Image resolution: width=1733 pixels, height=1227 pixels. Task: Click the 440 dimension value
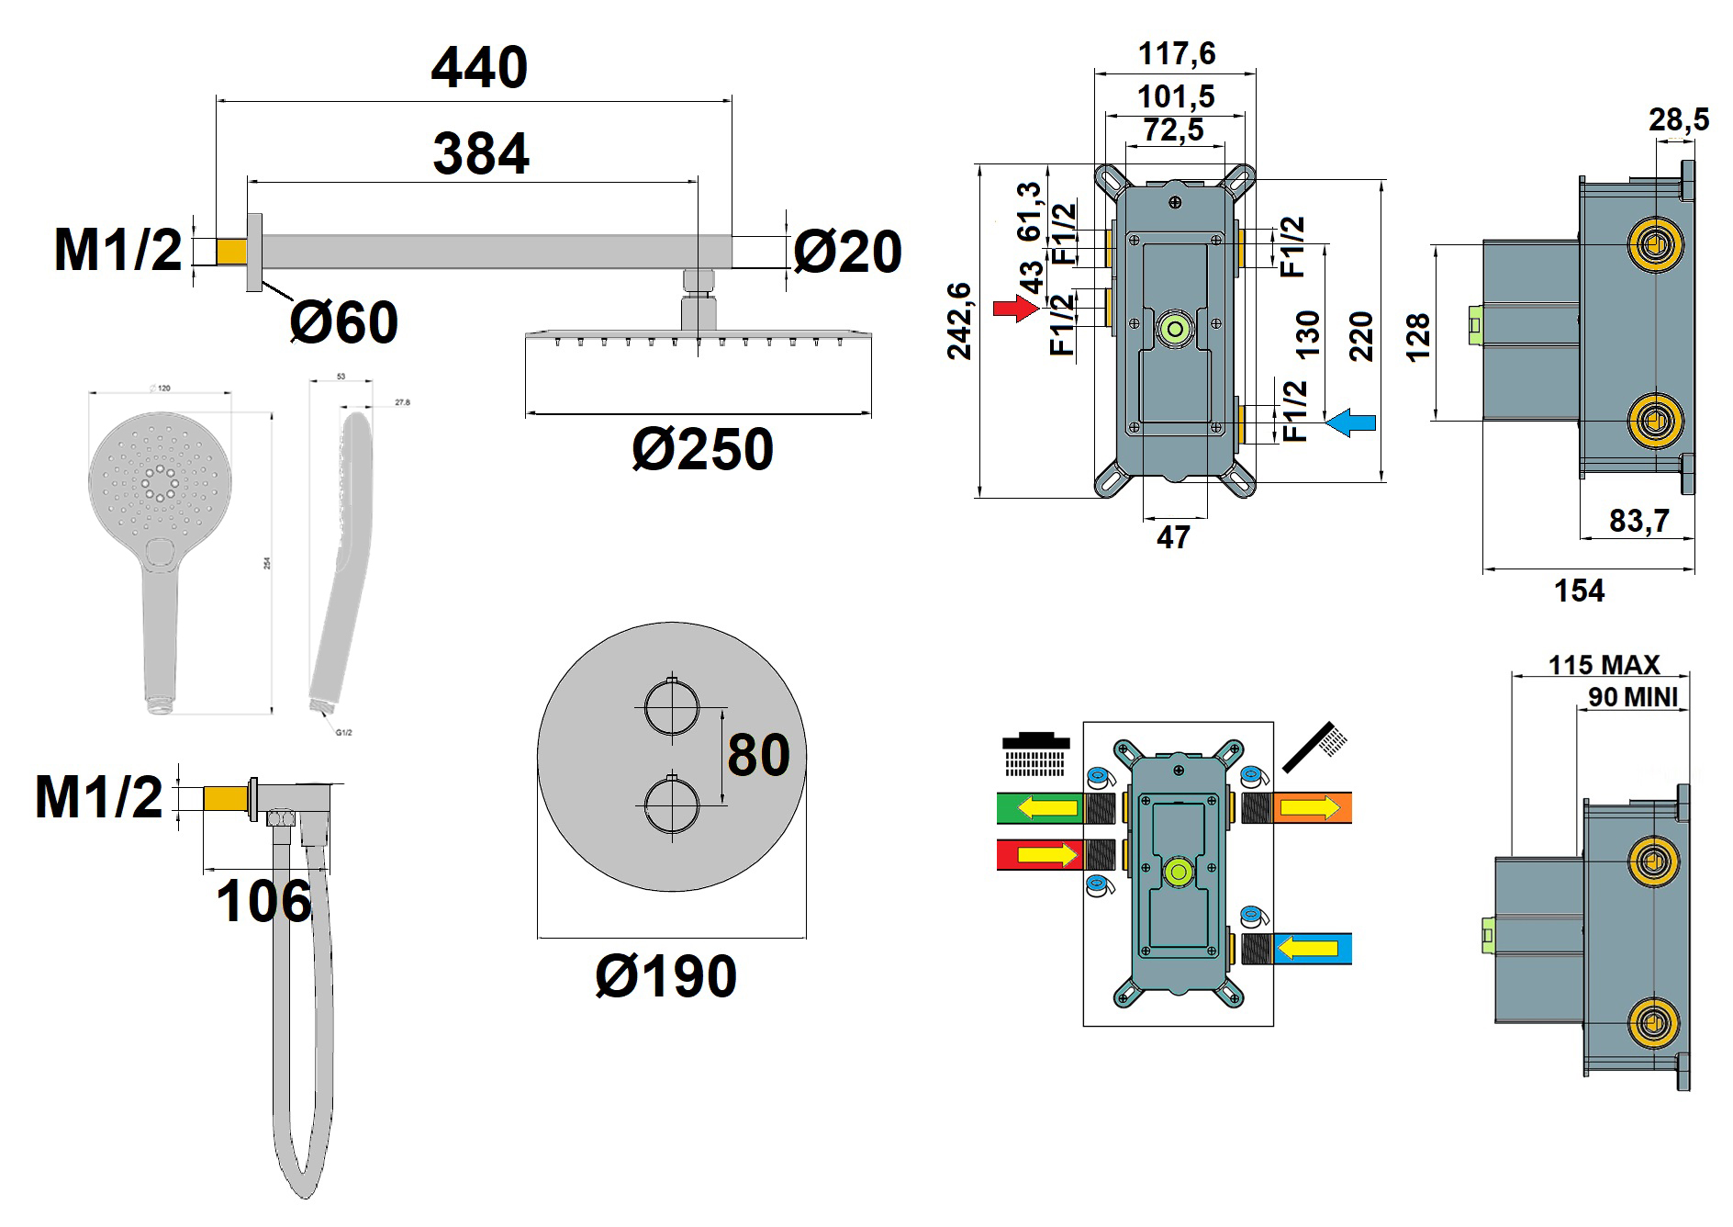pyautogui.click(x=479, y=68)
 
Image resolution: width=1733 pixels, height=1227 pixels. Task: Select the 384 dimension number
pyautogui.click(x=481, y=154)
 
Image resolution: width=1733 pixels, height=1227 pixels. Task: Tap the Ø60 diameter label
pyautogui.click(x=344, y=322)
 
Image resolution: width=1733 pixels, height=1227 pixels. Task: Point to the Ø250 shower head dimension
pyautogui.click(x=702, y=449)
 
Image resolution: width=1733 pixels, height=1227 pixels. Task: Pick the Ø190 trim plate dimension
pyautogui.click(x=665, y=975)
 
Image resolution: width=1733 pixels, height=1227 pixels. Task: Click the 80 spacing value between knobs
pyautogui.click(x=758, y=755)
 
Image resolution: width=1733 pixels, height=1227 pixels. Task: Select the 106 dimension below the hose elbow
pyautogui.click(x=263, y=901)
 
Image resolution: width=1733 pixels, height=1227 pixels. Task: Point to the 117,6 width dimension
pyautogui.click(x=1177, y=54)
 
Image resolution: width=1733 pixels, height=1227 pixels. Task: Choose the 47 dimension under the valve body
pyautogui.click(x=1173, y=537)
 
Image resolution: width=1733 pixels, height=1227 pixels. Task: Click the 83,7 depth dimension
pyautogui.click(x=1638, y=521)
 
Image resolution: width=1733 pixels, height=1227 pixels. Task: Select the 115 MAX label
pyautogui.click(x=1604, y=664)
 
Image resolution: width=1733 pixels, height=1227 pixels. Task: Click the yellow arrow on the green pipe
pyautogui.click(x=1050, y=809)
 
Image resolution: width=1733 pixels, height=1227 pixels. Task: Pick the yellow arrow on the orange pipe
pyautogui.click(x=1310, y=808)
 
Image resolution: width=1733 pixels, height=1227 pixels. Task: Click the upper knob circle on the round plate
pyautogui.click(x=672, y=708)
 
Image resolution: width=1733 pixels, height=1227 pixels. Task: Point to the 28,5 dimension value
pyautogui.click(x=1679, y=120)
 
